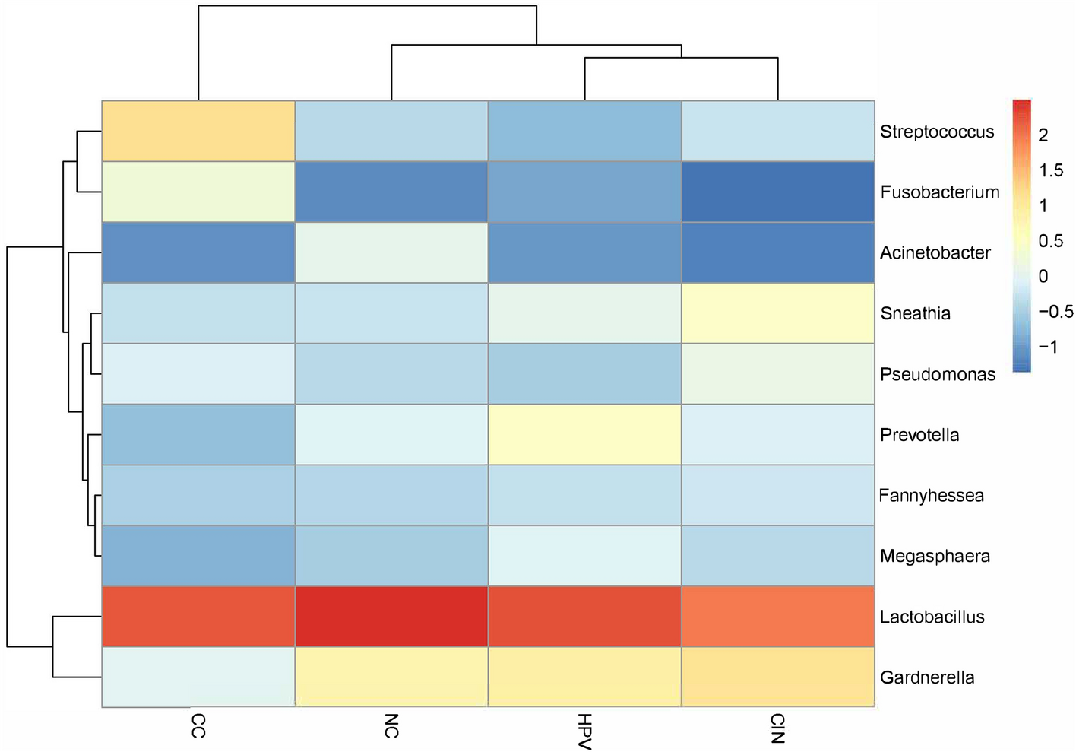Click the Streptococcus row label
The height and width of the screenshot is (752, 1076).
coord(936,132)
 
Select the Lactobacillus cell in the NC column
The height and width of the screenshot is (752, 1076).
coord(391,617)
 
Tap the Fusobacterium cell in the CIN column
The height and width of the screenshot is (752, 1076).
coord(777,192)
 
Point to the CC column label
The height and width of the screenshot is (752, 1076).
coord(198,726)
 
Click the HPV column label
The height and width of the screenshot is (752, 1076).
coord(584,731)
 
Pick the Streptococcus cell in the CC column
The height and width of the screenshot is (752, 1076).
coord(198,131)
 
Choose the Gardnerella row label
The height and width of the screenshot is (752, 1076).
coord(926,677)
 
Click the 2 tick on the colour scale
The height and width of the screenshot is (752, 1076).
coord(1043,135)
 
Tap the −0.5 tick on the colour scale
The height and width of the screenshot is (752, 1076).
coord(1055,312)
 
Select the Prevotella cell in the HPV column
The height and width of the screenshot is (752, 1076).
coord(584,434)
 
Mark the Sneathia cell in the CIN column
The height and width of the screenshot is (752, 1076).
coord(777,313)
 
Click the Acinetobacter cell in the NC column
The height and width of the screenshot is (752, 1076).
coord(391,252)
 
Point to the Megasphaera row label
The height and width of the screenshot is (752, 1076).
coord(934,557)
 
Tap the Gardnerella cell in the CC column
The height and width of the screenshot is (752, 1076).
coord(198,677)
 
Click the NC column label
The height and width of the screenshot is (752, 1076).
coord(391,726)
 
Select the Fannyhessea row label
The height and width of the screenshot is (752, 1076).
coord(931,496)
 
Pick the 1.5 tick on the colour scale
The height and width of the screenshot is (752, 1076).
coord(1051,171)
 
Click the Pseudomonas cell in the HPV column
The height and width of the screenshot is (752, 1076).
coord(584,373)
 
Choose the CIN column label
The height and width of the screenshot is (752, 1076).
coord(777,728)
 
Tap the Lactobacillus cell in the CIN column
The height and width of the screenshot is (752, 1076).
coord(777,617)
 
